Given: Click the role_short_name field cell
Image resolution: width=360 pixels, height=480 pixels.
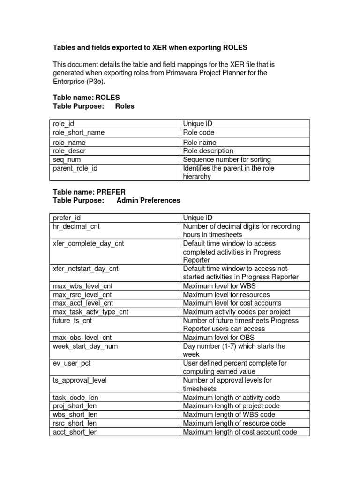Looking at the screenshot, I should point(78,133).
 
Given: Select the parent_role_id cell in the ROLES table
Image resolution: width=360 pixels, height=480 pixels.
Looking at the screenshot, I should point(75,168).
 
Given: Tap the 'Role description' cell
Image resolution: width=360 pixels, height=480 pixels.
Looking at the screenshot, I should point(208,151).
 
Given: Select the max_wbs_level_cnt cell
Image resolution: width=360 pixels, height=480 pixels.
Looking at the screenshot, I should point(82,286).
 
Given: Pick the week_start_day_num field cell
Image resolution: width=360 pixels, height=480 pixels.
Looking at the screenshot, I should point(85,346).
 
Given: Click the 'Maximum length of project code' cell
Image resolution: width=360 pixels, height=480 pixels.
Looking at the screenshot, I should point(231,406).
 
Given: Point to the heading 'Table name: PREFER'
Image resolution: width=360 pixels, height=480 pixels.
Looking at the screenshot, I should point(88,192).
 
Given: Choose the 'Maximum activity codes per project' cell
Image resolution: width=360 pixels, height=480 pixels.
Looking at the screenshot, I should point(237,312).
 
